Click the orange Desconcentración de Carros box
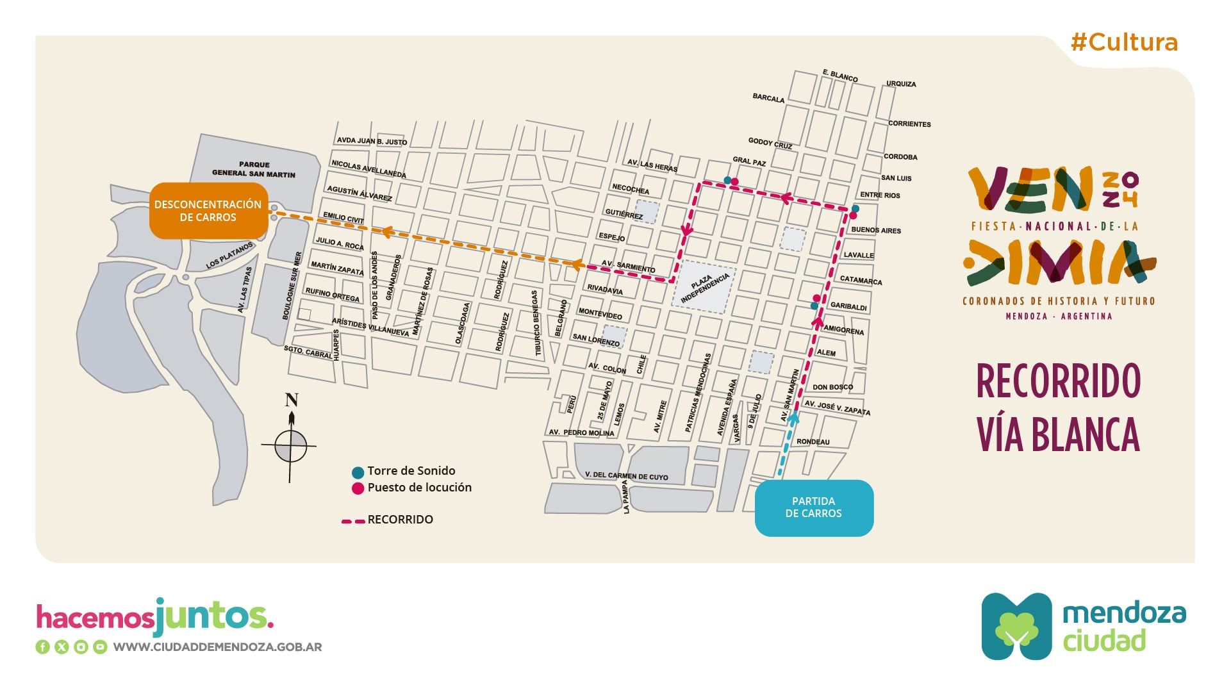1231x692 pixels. (x=208, y=211)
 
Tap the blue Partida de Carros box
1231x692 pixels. (x=813, y=507)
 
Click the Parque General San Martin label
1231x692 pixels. (x=254, y=169)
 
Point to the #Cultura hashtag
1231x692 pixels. (x=1124, y=42)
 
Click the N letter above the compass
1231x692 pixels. (x=292, y=400)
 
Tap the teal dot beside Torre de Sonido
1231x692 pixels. (x=358, y=472)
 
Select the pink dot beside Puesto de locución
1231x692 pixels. (x=358, y=488)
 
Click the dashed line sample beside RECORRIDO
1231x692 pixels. (x=352, y=520)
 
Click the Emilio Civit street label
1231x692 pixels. (x=343, y=217)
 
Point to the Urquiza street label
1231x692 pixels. (x=901, y=83)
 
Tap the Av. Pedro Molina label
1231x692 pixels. (x=581, y=433)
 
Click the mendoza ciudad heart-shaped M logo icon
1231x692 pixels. (x=1016, y=626)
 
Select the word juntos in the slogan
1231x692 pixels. (x=214, y=616)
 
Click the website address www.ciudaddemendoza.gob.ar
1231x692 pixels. (x=217, y=647)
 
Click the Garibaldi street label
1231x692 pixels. (x=848, y=306)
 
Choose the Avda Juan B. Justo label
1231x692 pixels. (x=372, y=141)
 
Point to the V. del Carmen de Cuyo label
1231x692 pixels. (x=626, y=476)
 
